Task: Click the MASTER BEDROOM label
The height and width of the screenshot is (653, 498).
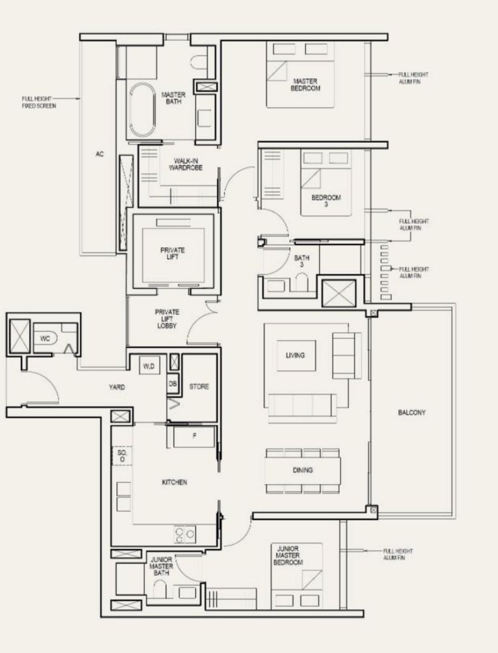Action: coord(305,85)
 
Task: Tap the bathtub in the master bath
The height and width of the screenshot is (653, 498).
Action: coord(142,110)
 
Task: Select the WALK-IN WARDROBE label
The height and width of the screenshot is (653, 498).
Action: coord(186,164)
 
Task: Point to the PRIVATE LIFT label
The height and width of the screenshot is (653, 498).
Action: coord(173,253)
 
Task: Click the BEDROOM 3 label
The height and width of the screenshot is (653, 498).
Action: coord(326,201)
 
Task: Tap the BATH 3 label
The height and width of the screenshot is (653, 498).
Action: coord(302,261)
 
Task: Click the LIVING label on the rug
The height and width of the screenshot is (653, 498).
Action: coord(295,355)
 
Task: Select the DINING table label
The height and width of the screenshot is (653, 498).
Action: coord(302,470)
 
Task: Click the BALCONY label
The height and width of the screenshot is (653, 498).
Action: coord(411,412)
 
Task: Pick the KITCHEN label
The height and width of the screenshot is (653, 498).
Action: coord(174,482)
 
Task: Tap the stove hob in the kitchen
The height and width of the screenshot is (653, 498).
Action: coord(184,534)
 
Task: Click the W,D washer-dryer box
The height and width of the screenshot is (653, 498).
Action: coord(149,366)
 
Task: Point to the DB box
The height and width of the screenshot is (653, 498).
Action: coord(173,383)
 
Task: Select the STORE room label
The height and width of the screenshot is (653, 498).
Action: coord(199,386)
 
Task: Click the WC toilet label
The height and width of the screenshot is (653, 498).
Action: coord(45,338)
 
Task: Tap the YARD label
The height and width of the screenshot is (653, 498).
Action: coord(117,387)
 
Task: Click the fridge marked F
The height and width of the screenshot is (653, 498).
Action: coord(194,437)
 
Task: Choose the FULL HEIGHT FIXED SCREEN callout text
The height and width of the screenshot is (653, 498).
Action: coord(39,102)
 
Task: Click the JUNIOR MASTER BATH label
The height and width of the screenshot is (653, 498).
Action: coord(161,566)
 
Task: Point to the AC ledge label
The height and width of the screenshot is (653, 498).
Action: coord(100,154)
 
